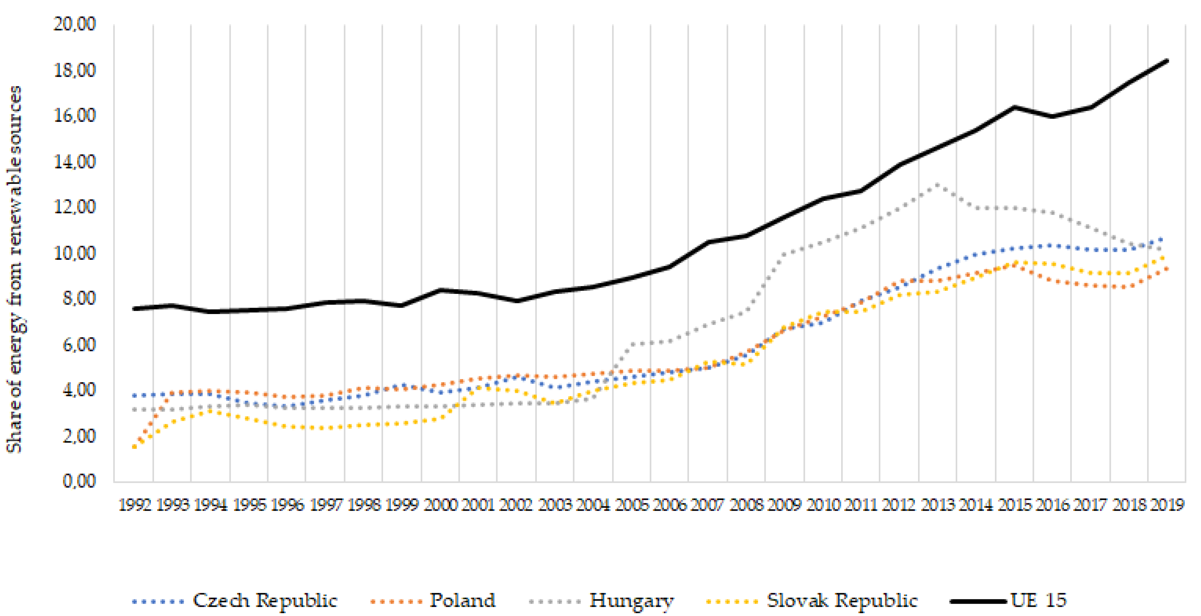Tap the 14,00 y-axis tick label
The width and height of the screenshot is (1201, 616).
75,161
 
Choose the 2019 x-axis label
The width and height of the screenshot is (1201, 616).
1167,505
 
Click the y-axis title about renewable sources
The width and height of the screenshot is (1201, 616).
15,269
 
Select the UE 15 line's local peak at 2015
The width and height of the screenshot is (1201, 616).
1014,107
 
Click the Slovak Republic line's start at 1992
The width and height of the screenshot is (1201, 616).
135,447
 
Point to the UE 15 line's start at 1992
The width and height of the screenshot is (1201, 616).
135,309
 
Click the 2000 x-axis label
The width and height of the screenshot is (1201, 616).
440,505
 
